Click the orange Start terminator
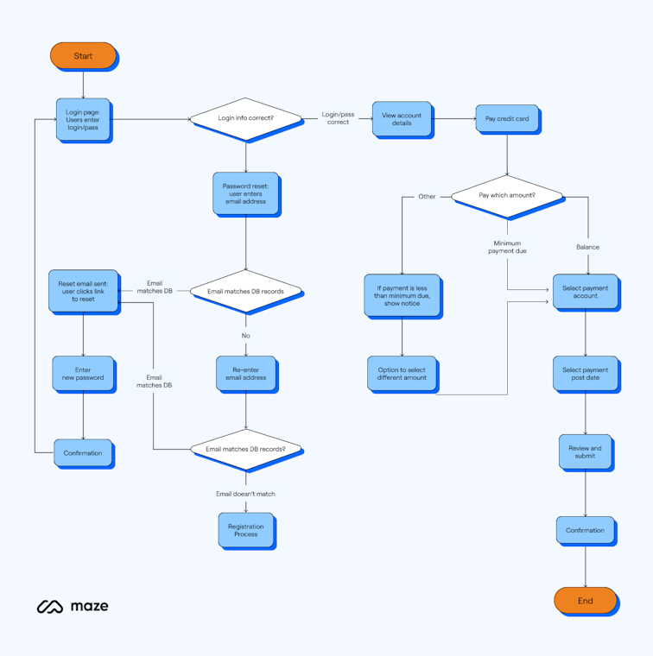83,56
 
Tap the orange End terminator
585,601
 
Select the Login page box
83,119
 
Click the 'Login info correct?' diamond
246,118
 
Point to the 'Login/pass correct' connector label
338,118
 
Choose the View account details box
402,119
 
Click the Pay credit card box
507,119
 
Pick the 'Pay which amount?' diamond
507,196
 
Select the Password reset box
246,193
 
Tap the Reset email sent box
83,291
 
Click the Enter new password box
83,374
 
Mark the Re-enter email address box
246,373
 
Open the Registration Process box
246,530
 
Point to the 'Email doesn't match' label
246,494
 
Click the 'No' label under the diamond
246,336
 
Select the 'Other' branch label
427,197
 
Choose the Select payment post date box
585,374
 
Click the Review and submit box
585,452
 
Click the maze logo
73,607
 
